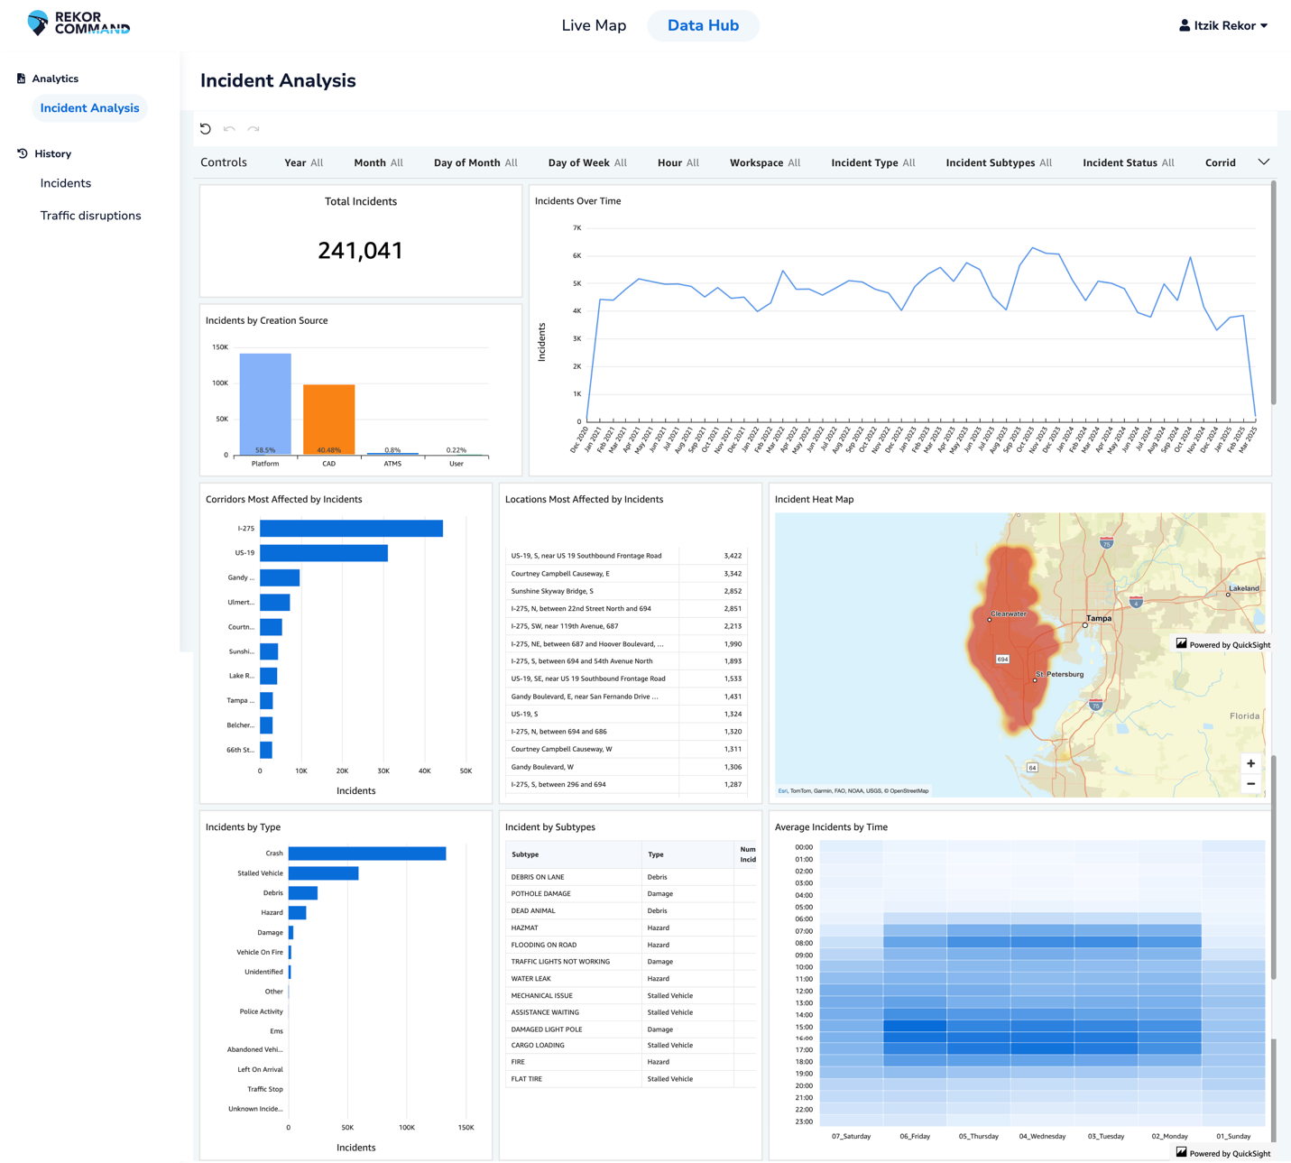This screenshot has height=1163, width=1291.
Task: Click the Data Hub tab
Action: coord(703,25)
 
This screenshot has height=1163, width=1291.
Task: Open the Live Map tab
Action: coord(594,25)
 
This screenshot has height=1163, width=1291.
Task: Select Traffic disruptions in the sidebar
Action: coord(90,216)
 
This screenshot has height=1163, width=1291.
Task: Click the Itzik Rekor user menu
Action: coord(1223,25)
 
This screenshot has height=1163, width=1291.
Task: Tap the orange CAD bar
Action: coord(328,420)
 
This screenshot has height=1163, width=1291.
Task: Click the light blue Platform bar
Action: coord(265,403)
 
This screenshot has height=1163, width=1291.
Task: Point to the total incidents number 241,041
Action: coord(360,251)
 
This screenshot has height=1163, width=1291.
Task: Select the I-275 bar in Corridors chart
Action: coord(351,529)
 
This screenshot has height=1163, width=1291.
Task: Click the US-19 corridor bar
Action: coord(324,553)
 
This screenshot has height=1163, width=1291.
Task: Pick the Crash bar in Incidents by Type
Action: coord(367,854)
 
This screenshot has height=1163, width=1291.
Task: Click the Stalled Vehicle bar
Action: coord(323,873)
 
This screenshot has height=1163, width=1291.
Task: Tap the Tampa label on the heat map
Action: coord(1099,618)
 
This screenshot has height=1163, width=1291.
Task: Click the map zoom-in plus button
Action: coord(1250,763)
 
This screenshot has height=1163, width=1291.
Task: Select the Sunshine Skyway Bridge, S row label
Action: coord(552,591)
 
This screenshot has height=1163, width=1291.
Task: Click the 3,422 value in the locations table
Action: coord(733,556)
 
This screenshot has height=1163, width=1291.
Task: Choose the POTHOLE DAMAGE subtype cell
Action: coord(540,893)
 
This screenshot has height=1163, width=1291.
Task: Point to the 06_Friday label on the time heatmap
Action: coord(915,1136)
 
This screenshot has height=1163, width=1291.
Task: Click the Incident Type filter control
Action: coord(872,162)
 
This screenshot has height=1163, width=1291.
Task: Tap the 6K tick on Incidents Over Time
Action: coord(577,255)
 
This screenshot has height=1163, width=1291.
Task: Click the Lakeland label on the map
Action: coord(1244,588)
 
